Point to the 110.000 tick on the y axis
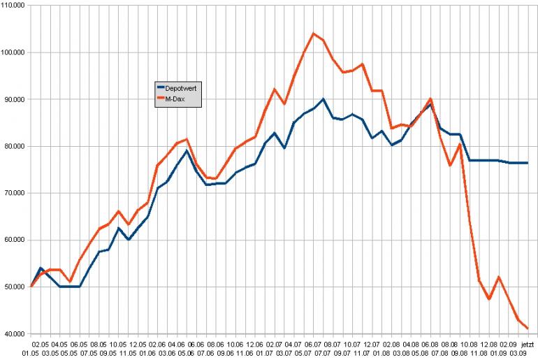pos(14,6)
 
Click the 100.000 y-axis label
pos(14,52)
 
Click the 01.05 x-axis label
pos(30,354)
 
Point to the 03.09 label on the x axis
pos(518,354)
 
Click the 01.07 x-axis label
pos(264,354)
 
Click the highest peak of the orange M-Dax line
pos(313,34)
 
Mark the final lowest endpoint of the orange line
pos(528,328)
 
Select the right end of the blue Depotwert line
pos(528,163)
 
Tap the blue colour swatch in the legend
pos(159,87)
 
